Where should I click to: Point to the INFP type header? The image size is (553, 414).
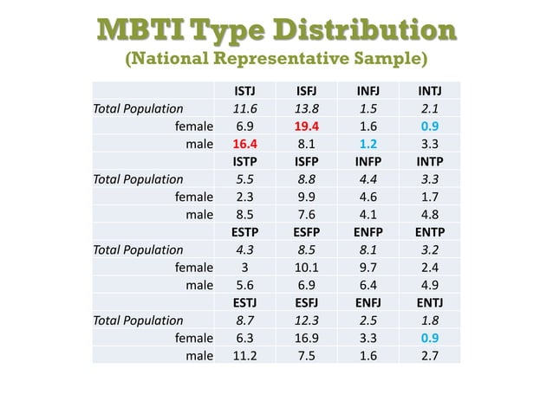(x=368, y=162)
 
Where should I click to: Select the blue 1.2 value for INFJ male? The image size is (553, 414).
(x=368, y=144)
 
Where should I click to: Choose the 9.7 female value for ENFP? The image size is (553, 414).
(x=368, y=268)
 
